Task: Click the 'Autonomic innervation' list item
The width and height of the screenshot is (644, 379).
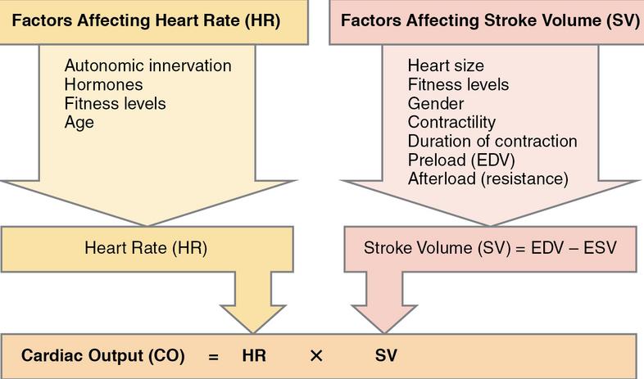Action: (x=147, y=65)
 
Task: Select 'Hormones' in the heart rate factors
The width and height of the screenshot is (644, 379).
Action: (x=103, y=84)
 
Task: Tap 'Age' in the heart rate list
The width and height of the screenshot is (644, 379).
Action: (x=79, y=123)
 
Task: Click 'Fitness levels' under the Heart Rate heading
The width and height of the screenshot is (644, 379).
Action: (x=115, y=103)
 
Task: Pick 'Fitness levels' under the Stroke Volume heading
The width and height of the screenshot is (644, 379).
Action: (x=458, y=84)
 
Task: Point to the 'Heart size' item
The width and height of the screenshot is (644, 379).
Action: (x=446, y=65)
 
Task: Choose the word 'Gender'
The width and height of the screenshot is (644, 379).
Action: (x=436, y=103)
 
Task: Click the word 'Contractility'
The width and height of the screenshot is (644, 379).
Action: (x=451, y=122)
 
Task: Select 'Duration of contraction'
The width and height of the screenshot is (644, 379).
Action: (x=492, y=141)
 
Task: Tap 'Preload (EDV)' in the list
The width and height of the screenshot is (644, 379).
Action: (x=461, y=160)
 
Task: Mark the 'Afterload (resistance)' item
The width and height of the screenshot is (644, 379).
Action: (x=488, y=178)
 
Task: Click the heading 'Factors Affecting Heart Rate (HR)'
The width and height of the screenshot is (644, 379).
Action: (x=146, y=20)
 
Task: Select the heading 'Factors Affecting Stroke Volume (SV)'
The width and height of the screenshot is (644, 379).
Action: (x=490, y=20)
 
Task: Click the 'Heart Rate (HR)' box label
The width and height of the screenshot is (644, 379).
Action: (x=146, y=248)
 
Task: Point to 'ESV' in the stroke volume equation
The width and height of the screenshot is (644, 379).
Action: (x=600, y=248)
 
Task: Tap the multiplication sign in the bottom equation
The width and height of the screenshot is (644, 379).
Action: (x=316, y=355)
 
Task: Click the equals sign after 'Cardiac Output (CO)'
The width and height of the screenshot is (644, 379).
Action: (x=213, y=356)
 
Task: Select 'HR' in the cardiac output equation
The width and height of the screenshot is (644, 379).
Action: (x=254, y=355)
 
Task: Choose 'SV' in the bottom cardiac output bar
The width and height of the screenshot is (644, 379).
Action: (x=386, y=355)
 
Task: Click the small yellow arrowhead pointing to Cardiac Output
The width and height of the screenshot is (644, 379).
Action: (x=253, y=318)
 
